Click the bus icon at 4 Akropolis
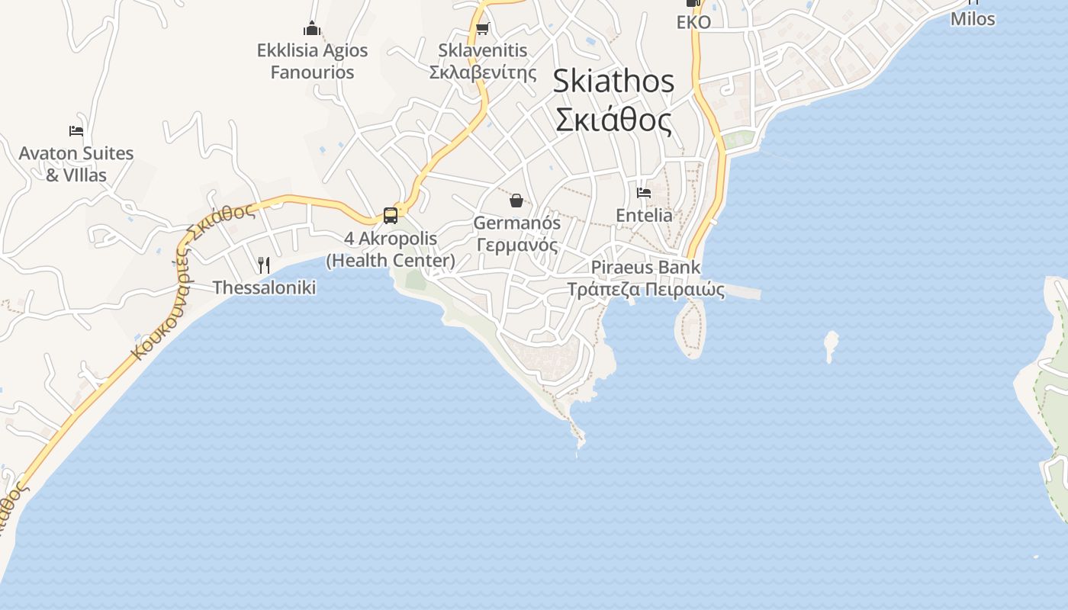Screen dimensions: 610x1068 [x=391, y=216]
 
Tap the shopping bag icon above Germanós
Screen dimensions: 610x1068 [x=516, y=201]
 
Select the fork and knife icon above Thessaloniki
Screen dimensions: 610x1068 [x=264, y=265]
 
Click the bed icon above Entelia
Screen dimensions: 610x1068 [x=644, y=193]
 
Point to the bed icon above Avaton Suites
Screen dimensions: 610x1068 [x=76, y=131]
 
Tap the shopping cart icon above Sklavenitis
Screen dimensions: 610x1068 [x=482, y=29]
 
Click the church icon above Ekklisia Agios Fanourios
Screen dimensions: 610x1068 [x=312, y=29]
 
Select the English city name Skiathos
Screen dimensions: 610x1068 [x=613, y=81]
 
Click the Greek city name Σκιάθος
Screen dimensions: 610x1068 [x=613, y=120]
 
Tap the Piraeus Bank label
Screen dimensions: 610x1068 [x=645, y=268]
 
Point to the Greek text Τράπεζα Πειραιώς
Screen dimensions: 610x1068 [x=645, y=289]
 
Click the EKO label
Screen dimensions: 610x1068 [x=693, y=22]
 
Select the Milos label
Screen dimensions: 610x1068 [x=973, y=19]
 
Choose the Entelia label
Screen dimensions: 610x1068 [x=644, y=215]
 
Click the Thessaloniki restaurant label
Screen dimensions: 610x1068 [x=264, y=287]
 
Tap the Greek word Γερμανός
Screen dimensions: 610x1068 [x=517, y=245]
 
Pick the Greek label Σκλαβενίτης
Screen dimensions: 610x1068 [x=483, y=72]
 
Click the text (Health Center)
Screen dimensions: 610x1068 [x=391, y=261]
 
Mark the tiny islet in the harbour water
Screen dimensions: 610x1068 [x=831, y=345]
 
